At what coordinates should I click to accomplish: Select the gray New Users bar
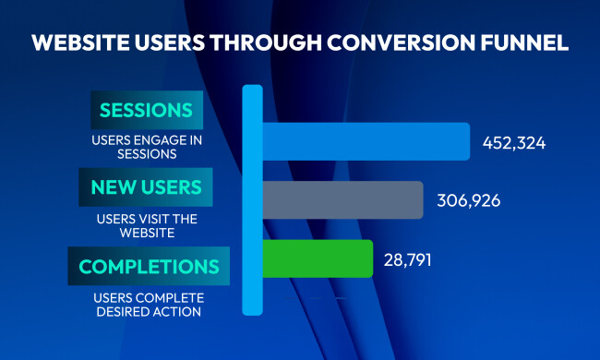(x=342, y=199)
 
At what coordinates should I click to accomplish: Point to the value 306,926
(x=467, y=200)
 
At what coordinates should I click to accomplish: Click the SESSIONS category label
(x=147, y=111)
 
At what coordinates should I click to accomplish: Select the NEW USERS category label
(x=147, y=187)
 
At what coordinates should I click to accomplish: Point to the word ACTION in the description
(x=177, y=311)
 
